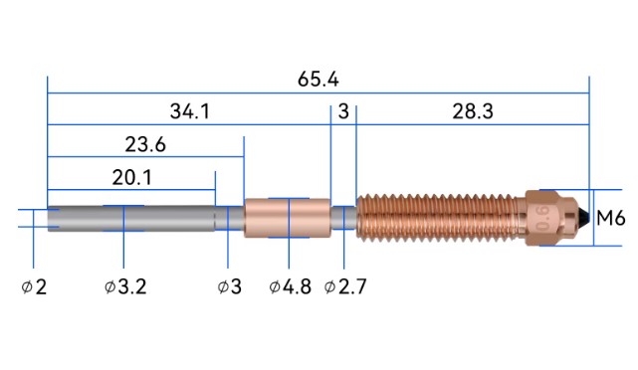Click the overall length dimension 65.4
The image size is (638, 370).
318,79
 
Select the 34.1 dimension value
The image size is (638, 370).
190,111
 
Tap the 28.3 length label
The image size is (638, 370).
473,111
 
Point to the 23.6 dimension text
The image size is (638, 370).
145,144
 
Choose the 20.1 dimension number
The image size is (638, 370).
131,178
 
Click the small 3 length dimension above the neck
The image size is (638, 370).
343,111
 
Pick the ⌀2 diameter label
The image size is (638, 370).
34,287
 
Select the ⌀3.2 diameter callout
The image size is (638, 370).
125,286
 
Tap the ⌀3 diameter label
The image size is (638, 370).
230,286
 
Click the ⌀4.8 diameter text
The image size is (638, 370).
290,286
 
